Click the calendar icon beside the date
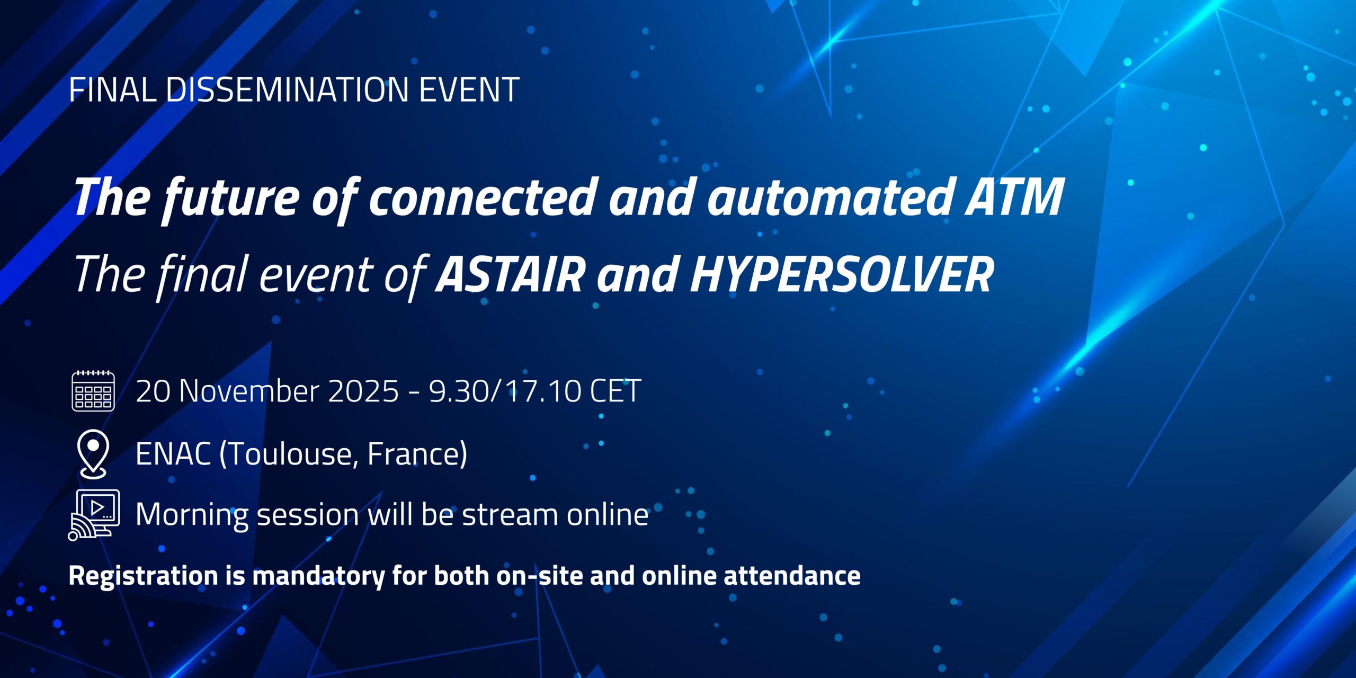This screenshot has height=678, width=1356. pos(93,391)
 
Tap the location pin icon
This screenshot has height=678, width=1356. pos(93,454)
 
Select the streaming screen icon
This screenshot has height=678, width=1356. pos(94,514)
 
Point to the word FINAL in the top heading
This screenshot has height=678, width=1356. pos(112,90)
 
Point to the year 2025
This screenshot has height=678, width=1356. pos(363,391)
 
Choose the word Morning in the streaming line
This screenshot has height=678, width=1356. pos(192,514)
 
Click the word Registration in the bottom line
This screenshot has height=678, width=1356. pos(143,576)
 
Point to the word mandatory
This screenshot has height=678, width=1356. pos(318,576)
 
